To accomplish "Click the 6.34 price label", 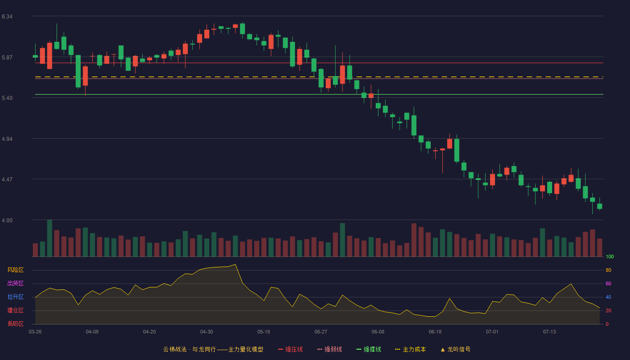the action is click(7, 17).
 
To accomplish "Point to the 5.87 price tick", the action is click(7, 58).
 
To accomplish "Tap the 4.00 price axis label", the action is click(7, 220).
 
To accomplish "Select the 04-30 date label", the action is click(207, 332).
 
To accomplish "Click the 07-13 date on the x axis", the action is click(549, 332).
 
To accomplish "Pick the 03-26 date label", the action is click(35, 332).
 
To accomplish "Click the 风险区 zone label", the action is click(15, 270).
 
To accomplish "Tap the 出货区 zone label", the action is click(15, 283).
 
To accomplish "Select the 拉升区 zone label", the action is click(15, 297).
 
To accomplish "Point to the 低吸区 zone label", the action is click(15, 324).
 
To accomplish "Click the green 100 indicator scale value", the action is click(610, 256).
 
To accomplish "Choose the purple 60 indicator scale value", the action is click(608, 283).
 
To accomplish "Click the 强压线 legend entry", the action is click(290, 349).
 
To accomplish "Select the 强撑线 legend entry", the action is click(369, 349).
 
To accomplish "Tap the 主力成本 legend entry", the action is click(410, 349).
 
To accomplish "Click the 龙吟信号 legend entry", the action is click(455, 349).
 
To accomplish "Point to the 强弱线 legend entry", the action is click(329, 349).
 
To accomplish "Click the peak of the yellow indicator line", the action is click(235, 265).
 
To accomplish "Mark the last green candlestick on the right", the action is click(599, 206).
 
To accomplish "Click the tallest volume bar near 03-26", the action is click(49, 238).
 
